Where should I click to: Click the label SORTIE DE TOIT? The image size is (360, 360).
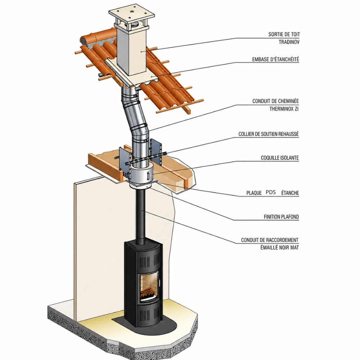point(284,35)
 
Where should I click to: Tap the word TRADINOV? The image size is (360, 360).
point(289,42)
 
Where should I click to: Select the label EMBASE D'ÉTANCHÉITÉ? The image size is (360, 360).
point(275,59)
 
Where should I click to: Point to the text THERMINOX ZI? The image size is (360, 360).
point(284,109)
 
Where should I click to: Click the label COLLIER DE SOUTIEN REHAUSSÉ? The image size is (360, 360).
point(269,134)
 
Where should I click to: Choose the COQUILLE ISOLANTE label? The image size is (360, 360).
point(280,158)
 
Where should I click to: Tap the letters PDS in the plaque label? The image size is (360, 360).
point(271,192)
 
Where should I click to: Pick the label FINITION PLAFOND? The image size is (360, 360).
point(281,216)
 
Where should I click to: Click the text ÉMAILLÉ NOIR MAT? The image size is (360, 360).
point(279,248)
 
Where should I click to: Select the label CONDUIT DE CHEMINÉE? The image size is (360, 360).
point(275,101)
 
